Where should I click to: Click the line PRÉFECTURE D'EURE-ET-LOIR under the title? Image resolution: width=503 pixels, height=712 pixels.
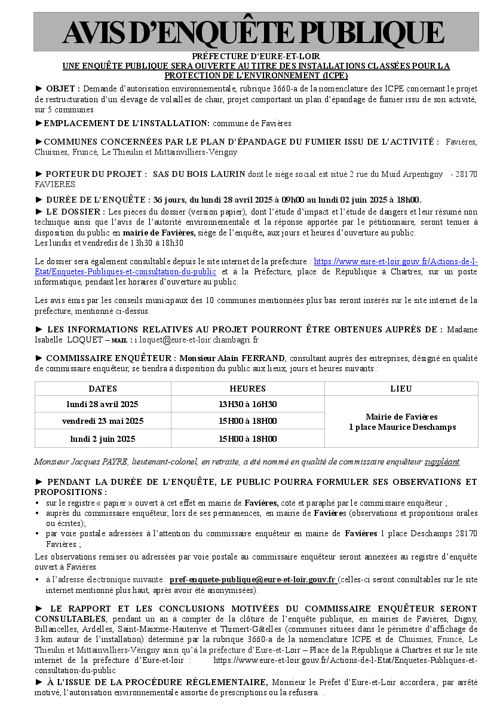point(255,57)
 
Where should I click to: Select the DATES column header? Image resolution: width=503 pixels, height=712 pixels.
point(103,389)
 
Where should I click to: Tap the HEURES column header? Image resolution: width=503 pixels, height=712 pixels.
point(247,389)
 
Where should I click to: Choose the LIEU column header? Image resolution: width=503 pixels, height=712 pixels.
point(401,389)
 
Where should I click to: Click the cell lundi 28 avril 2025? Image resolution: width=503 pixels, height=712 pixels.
point(103,404)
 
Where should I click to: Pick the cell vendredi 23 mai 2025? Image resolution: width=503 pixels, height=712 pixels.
point(103,421)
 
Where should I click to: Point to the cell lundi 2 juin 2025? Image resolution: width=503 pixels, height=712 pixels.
point(103,438)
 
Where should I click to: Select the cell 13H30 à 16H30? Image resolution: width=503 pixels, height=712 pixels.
point(247,404)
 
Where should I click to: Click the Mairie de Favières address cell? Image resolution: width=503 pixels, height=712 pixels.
point(401,421)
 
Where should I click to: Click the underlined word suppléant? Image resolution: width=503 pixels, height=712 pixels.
point(442,462)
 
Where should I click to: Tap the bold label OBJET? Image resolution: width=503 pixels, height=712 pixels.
point(62,88)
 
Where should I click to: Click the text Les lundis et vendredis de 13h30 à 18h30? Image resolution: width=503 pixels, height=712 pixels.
point(109,243)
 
